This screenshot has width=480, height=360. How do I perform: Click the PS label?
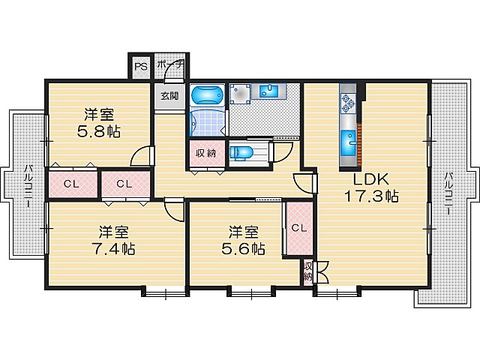pyautogui.click(x=140, y=65)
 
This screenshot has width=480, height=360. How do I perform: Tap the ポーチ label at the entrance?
pyautogui.click(x=169, y=65)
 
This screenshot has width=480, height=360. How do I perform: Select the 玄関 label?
pyautogui.click(x=169, y=95)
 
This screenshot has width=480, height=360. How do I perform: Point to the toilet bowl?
pyautogui.click(x=241, y=152)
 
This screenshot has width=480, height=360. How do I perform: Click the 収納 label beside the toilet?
pyautogui.click(x=205, y=153)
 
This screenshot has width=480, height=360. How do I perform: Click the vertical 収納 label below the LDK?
pyautogui.click(x=308, y=271)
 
